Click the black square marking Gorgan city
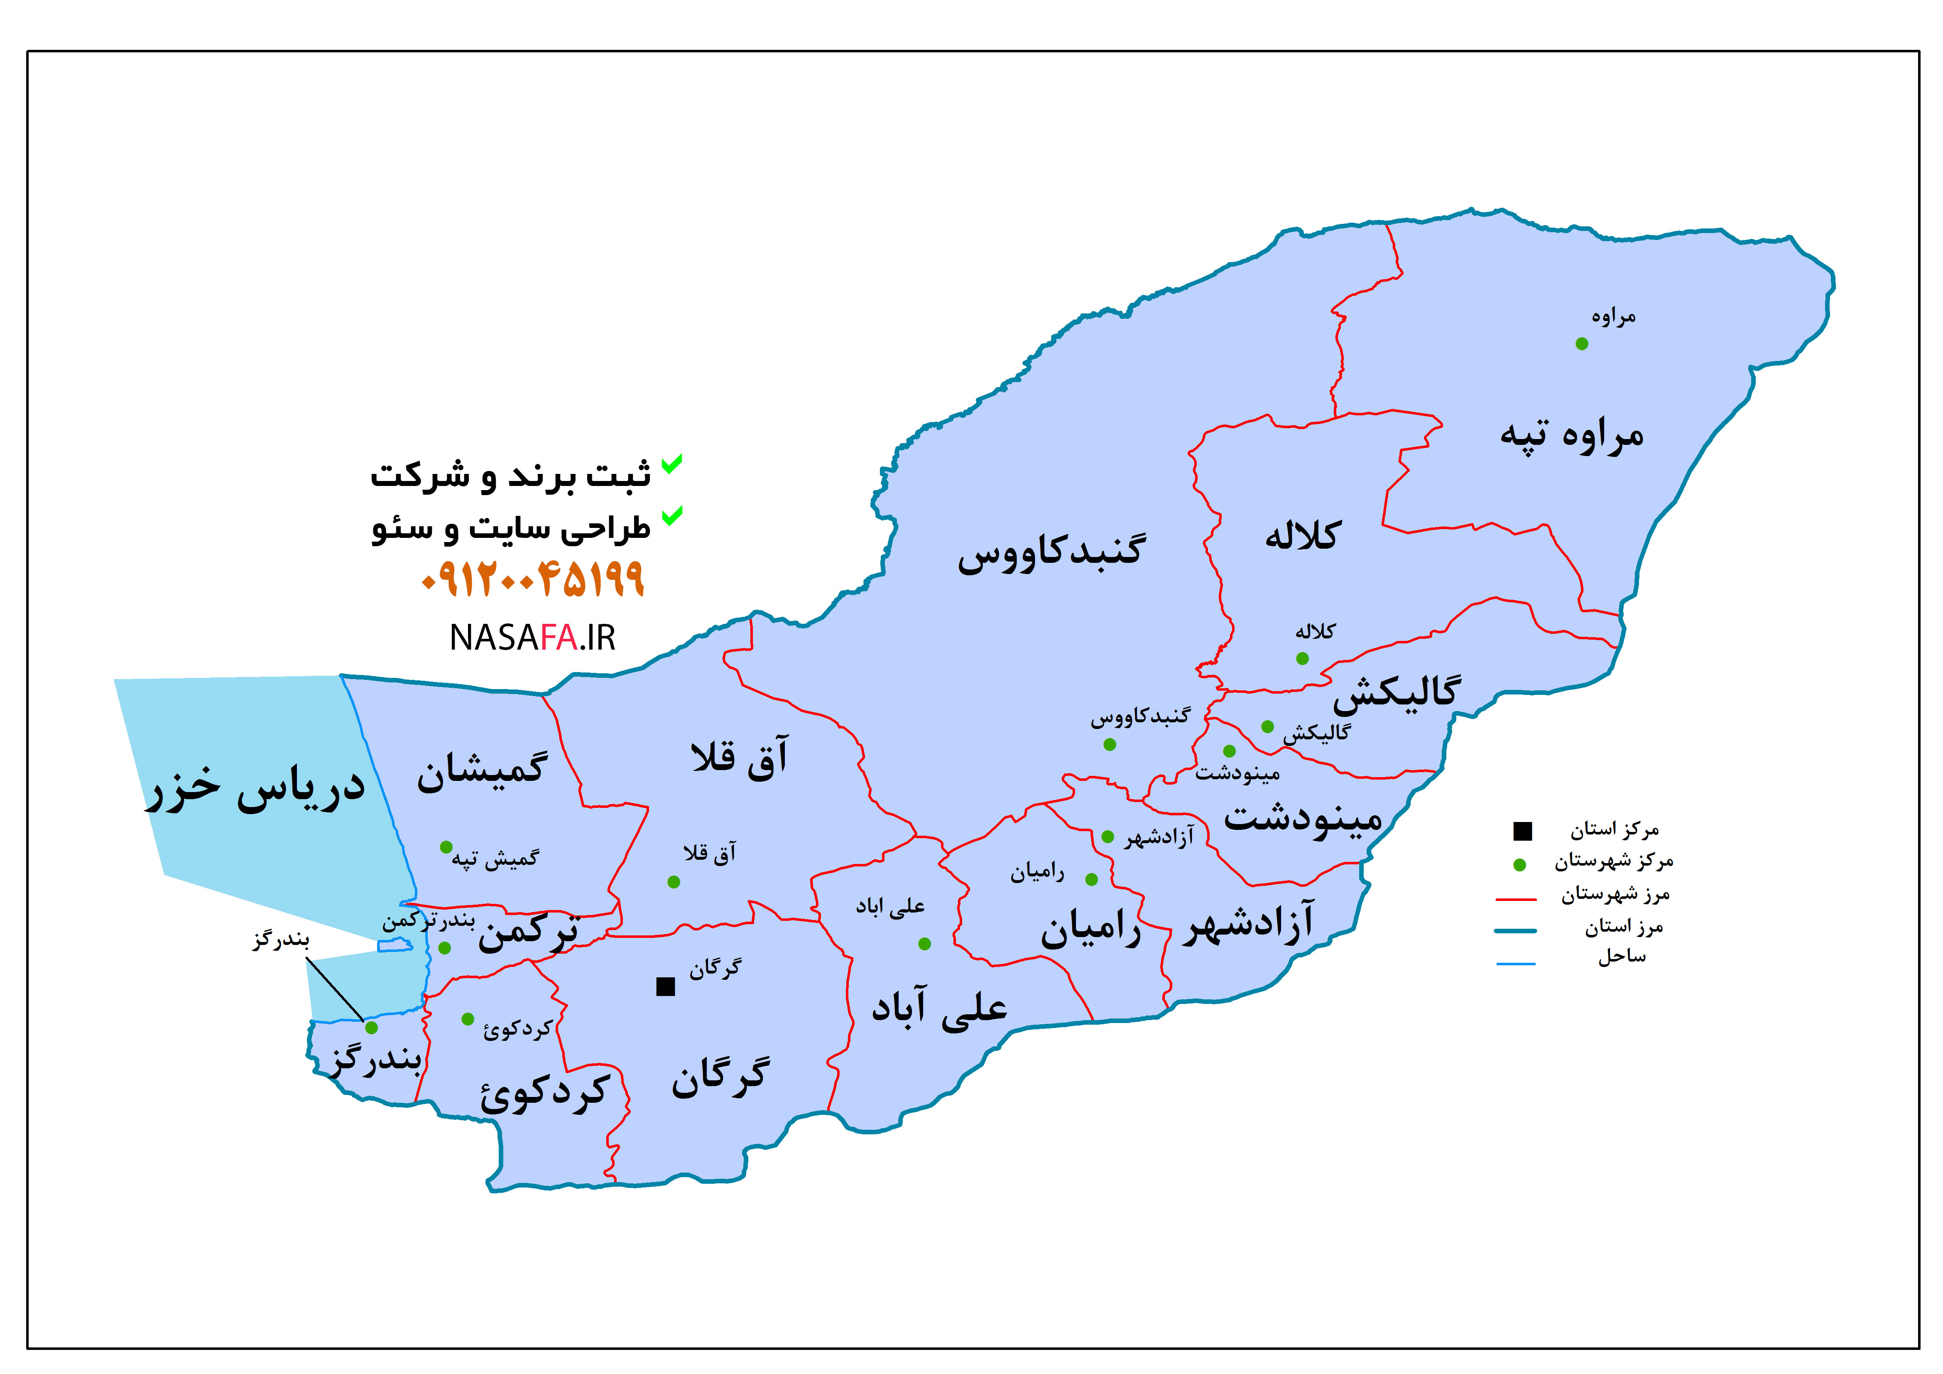pos(666,986)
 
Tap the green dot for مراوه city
pos(1582,344)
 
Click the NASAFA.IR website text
pos(532,638)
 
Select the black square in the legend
pos(1522,832)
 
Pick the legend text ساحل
pos(1622,957)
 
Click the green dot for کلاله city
pos(1302,659)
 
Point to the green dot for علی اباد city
pos(924,944)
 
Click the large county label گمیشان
pos(482,770)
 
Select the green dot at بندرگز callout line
pos(371,1028)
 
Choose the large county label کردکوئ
pos(545,1094)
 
